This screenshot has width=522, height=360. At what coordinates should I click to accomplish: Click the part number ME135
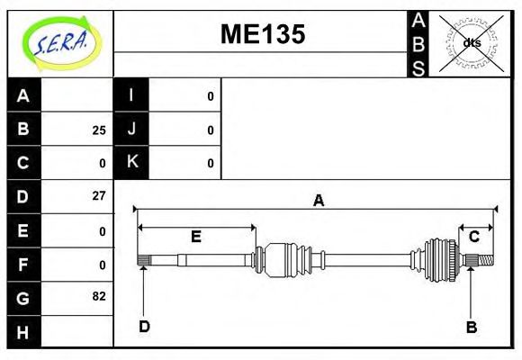(x=263, y=34)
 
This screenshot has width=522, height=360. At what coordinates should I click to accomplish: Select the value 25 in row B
(x=99, y=130)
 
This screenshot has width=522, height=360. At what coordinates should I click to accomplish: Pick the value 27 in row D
(x=99, y=195)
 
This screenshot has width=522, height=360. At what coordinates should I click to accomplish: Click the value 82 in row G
(x=99, y=296)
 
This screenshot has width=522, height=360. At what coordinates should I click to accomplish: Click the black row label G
(x=23, y=296)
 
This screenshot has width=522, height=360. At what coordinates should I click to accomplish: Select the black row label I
(x=131, y=95)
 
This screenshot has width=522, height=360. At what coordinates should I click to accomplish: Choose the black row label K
(x=131, y=163)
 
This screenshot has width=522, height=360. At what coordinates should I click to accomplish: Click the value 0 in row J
(x=211, y=130)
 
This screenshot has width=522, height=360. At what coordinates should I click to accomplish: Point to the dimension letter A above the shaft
(x=318, y=201)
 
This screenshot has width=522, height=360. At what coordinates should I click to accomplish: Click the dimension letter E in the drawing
(x=195, y=237)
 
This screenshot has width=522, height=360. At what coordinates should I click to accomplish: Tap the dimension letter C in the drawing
(x=473, y=237)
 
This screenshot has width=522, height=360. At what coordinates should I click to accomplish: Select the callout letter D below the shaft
(x=144, y=326)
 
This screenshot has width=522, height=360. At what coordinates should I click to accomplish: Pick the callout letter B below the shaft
(x=471, y=326)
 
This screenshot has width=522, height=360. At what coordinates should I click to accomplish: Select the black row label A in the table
(x=23, y=95)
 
